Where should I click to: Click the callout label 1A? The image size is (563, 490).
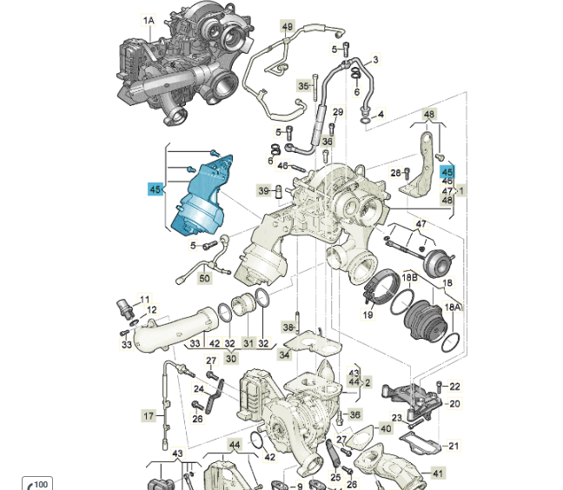(x=149, y=20)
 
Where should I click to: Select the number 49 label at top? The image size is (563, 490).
(x=288, y=27)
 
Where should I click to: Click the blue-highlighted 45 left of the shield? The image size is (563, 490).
(x=156, y=189)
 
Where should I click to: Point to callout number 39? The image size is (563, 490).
(x=263, y=190)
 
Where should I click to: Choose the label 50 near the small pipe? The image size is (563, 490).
(x=204, y=278)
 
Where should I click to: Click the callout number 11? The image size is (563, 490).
(x=145, y=299)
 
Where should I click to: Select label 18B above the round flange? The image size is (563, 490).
(x=410, y=277)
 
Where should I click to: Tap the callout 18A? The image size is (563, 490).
(x=454, y=307)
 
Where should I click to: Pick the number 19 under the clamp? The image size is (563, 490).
(x=368, y=315)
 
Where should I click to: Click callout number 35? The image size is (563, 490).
(x=303, y=86)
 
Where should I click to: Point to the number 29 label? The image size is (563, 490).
(x=338, y=112)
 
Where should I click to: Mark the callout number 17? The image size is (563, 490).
(x=149, y=416)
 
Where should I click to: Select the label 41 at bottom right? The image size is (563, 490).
(x=438, y=473)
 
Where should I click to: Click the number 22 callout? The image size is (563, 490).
(x=455, y=386)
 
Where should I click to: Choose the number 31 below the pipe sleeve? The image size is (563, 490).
(x=248, y=343)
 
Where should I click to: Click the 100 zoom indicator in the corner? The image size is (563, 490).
(x=39, y=483)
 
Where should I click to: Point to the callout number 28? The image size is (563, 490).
(x=396, y=173)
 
